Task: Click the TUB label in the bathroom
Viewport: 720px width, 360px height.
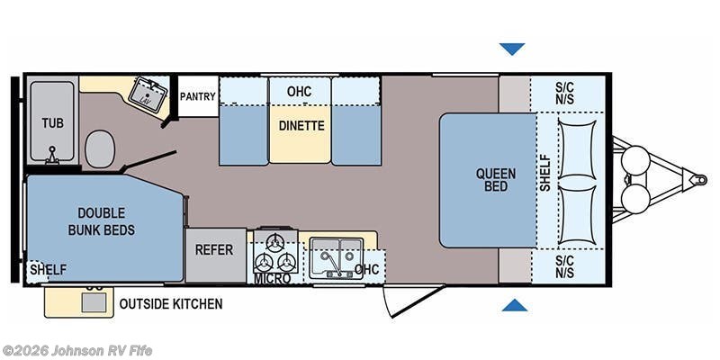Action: (53, 123)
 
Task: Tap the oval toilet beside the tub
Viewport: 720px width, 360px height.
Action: (100, 148)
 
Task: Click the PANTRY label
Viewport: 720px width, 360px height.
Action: (197, 96)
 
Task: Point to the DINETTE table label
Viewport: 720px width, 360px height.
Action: (301, 125)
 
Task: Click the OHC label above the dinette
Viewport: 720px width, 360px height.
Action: (299, 92)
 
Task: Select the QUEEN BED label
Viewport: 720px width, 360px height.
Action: (496, 180)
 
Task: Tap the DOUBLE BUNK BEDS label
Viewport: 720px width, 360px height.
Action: (102, 221)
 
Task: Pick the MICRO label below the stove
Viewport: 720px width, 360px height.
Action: (273, 278)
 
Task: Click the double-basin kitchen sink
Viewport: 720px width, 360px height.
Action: (336, 257)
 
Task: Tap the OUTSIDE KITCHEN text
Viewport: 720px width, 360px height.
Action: (171, 303)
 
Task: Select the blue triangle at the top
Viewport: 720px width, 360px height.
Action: (512, 49)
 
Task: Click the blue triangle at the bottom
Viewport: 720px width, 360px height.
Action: (514, 305)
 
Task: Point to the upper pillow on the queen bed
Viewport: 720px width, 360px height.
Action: (577, 149)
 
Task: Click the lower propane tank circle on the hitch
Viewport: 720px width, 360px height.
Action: (635, 199)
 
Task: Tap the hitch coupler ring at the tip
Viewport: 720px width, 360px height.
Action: (701, 179)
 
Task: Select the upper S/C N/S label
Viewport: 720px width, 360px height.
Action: (564, 94)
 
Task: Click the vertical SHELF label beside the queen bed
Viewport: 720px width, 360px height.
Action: (545, 173)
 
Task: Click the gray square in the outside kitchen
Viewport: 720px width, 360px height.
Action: (94, 301)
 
